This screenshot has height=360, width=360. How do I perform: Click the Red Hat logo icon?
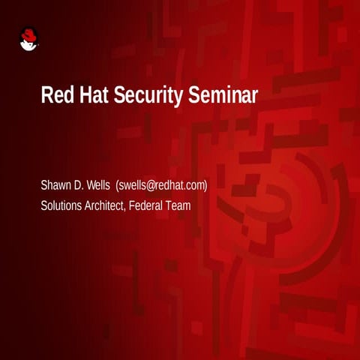(28, 39)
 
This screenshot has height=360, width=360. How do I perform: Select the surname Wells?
(100, 185)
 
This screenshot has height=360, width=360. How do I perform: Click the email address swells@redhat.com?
(162, 185)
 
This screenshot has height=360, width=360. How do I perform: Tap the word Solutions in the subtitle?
(62, 203)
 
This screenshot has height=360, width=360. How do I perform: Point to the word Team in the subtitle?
(180, 203)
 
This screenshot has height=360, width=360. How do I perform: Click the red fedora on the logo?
(28, 34)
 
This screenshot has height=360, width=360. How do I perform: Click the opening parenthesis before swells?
(118, 185)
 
